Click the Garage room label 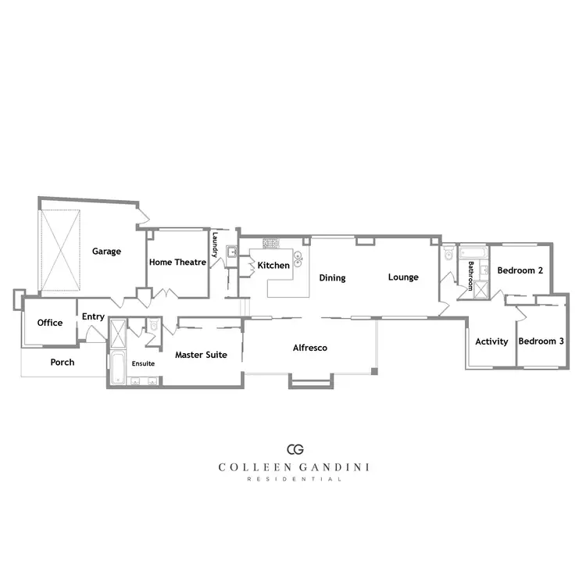pyautogui.click(x=107, y=252)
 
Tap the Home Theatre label pyautogui.click(x=177, y=263)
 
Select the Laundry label pyautogui.click(x=215, y=244)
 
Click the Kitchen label pyautogui.click(x=273, y=266)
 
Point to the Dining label pyautogui.click(x=332, y=277)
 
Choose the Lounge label pyautogui.click(x=403, y=277)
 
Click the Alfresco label pyautogui.click(x=309, y=348)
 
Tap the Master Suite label pyautogui.click(x=201, y=355)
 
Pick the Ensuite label pyautogui.click(x=143, y=363)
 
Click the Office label pyautogui.click(x=50, y=323)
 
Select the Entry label pyautogui.click(x=93, y=316)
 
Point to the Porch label pyautogui.click(x=63, y=363)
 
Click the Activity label pyautogui.click(x=491, y=341)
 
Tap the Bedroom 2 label pyautogui.click(x=520, y=270)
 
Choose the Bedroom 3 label pyautogui.click(x=541, y=341)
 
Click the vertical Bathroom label pyautogui.click(x=471, y=276)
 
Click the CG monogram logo pyautogui.click(x=295, y=449)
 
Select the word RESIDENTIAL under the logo pyautogui.click(x=295, y=479)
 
